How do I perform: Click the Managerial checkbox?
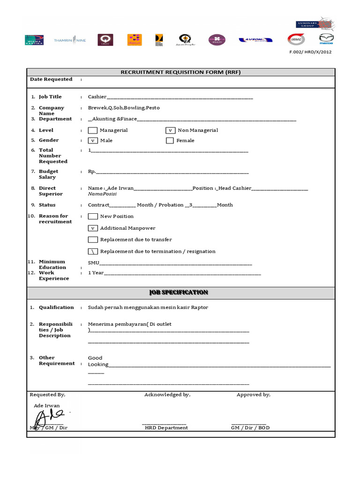click(93, 130)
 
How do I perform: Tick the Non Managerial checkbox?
click(171, 130)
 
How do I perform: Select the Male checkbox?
click(93, 141)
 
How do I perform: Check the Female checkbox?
click(170, 141)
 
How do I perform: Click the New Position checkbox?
click(93, 217)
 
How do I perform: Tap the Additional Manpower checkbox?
click(93, 228)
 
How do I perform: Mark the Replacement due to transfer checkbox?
click(93, 240)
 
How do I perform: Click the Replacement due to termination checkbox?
click(93, 252)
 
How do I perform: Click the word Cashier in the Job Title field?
click(97, 97)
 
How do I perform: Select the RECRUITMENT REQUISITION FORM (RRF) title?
click(180, 72)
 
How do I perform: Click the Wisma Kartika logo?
click(34, 40)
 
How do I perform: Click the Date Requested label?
click(51, 80)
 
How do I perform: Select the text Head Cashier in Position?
click(234, 188)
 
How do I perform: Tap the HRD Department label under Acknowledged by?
click(166, 428)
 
